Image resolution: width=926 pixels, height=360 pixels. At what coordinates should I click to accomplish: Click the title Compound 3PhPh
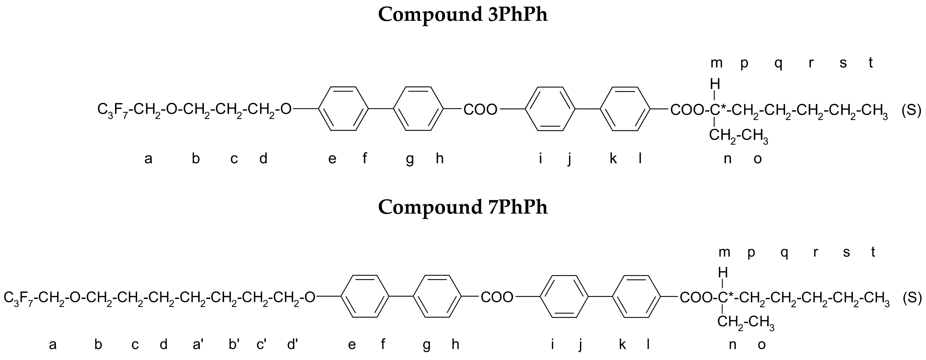tap(463, 15)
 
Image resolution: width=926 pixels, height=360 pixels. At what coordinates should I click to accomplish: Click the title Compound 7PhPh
tap(463, 208)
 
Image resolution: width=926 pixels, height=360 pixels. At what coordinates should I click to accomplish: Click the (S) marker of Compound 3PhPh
tap(911, 110)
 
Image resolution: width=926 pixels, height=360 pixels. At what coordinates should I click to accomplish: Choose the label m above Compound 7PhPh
tap(724, 252)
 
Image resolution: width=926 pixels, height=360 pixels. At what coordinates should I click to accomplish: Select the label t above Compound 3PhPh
tap(871, 63)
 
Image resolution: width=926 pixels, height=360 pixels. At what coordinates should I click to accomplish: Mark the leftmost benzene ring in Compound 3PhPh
tap(343, 109)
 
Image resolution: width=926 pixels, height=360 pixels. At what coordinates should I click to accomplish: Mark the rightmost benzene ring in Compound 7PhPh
tap(636, 297)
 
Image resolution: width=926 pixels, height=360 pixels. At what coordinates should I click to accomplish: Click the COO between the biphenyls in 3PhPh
tap(480, 110)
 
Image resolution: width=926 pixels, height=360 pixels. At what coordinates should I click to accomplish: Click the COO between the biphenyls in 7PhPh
tap(497, 298)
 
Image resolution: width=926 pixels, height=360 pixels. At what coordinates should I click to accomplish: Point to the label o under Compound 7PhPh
tap(761, 345)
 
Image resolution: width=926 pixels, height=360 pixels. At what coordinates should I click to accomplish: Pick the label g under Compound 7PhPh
tap(427, 345)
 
